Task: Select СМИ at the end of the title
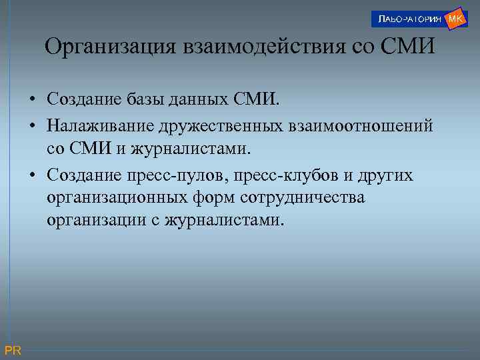pyautogui.click(x=399, y=47)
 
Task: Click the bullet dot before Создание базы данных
pyautogui.click(x=32, y=101)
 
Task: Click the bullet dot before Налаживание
pyautogui.click(x=32, y=125)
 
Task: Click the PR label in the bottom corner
pyautogui.click(x=13, y=351)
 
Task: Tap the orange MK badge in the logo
pyautogui.click(x=455, y=18)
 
